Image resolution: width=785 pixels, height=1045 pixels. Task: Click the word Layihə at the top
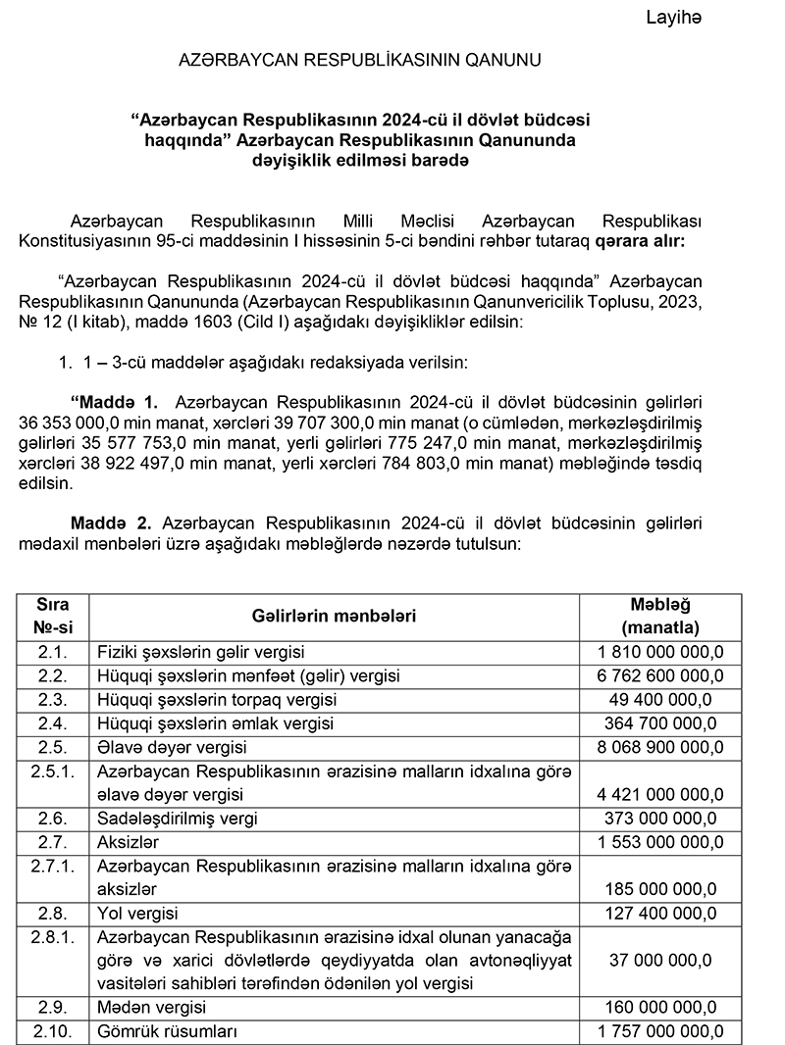(x=675, y=17)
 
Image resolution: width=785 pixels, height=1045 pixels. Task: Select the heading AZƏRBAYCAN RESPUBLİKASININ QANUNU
(x=358, y=60)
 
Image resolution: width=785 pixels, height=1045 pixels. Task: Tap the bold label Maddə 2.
(x=112, y=523)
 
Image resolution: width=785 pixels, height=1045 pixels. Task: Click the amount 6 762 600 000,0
(x=660, y=675)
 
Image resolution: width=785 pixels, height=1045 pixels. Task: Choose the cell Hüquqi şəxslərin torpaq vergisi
(x=217, y=700)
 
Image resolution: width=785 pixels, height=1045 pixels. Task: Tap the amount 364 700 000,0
(x=660, y=724)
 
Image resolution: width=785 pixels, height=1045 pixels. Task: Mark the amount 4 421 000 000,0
(x=660, y=793)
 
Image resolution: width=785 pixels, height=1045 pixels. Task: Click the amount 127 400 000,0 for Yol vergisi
(x=660, y=914)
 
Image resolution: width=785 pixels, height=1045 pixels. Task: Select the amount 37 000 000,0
(x=660, y=960)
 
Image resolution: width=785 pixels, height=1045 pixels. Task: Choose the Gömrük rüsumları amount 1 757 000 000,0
(x=660, y=1031)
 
